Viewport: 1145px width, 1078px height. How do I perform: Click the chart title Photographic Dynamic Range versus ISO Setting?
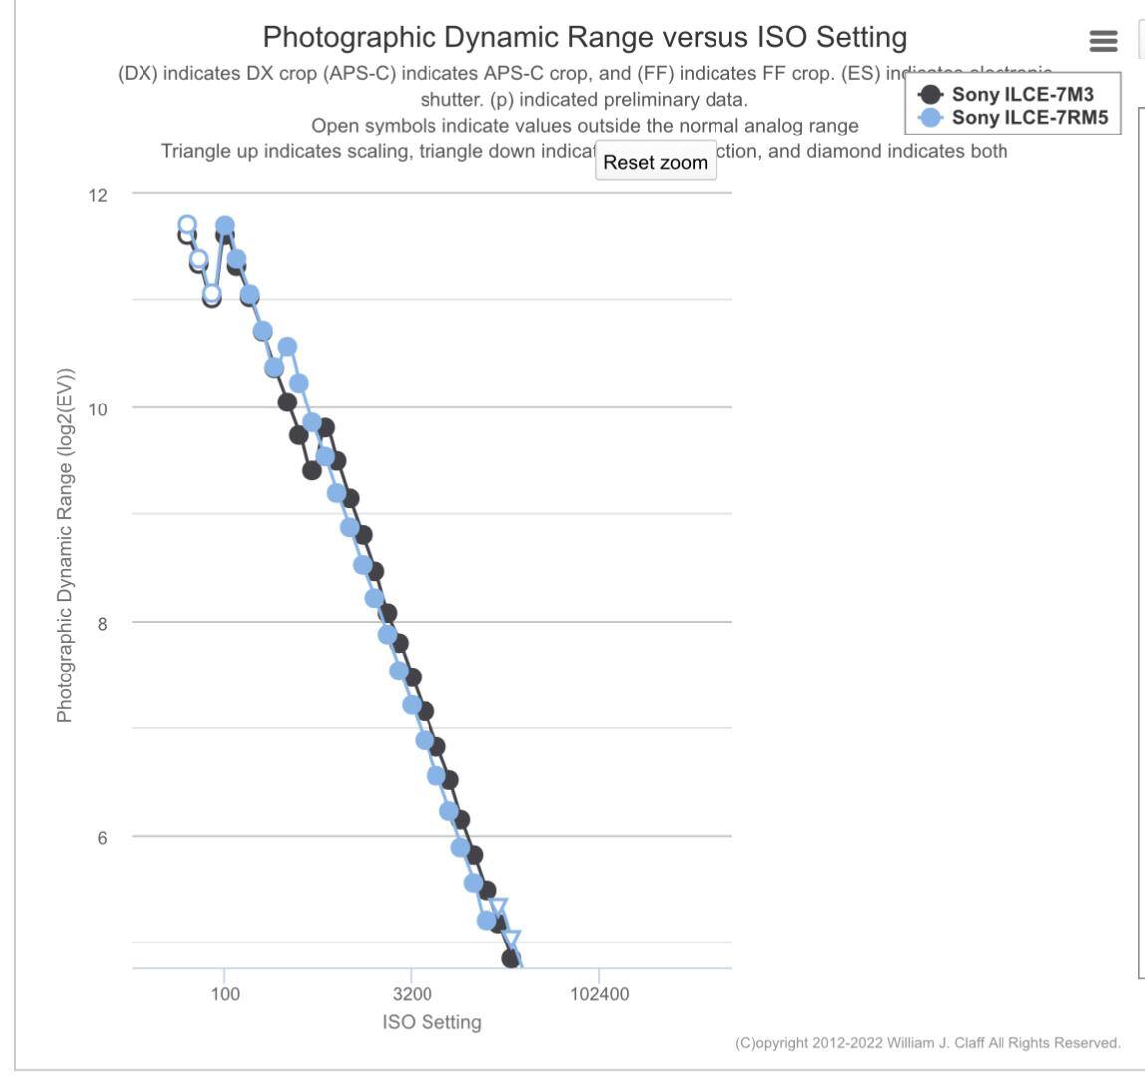point(585,38)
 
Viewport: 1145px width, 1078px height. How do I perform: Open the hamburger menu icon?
point(1103,41)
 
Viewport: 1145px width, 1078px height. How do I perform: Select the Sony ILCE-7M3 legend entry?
point(1022,95)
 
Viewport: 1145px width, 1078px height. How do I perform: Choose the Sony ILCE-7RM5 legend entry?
point(1029,117)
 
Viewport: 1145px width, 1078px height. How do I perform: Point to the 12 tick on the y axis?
point(97,194)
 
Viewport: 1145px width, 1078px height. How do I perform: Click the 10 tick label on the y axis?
point(97,408)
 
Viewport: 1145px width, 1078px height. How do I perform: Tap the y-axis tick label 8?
point(101,623)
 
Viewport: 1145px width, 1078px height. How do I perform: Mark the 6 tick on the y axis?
point(101,837)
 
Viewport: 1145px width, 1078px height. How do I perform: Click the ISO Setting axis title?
point(431,1021)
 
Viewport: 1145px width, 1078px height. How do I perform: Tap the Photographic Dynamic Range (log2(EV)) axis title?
point(65,544)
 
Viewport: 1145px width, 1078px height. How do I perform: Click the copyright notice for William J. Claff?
point(928,1043)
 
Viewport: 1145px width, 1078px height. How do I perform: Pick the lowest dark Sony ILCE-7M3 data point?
point(511,958)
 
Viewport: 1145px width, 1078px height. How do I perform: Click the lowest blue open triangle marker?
point(511,940)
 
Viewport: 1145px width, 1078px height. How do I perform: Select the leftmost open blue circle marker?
point(187,225)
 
